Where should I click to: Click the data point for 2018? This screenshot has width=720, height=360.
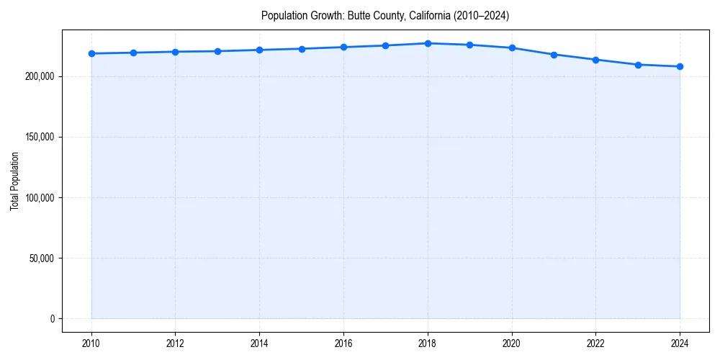click(x=428, y=43)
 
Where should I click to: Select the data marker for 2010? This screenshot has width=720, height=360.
click(x=91, y=53)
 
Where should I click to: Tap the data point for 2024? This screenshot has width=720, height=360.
click(x=680, y=66)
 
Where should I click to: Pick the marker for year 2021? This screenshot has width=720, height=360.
click(x=554, y=55)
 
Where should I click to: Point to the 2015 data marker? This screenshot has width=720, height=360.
click(x=302, y=49)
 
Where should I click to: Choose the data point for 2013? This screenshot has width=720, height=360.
click(x=217, y=51)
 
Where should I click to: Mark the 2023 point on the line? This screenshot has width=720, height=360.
click(x=638, y=65)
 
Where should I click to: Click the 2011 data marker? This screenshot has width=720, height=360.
click(x=133, y=53)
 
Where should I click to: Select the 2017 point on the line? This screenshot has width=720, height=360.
click(x=385, y=45)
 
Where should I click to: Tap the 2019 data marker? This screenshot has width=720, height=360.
click(x=469, y=45)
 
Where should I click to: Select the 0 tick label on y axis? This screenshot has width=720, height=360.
click(x=52, y=318)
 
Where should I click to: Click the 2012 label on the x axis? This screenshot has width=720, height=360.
click(x=175, y=343)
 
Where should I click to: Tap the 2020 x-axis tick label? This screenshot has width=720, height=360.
click(x=512, y=343)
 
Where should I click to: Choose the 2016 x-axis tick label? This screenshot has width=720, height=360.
click(x=343, y=343)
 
